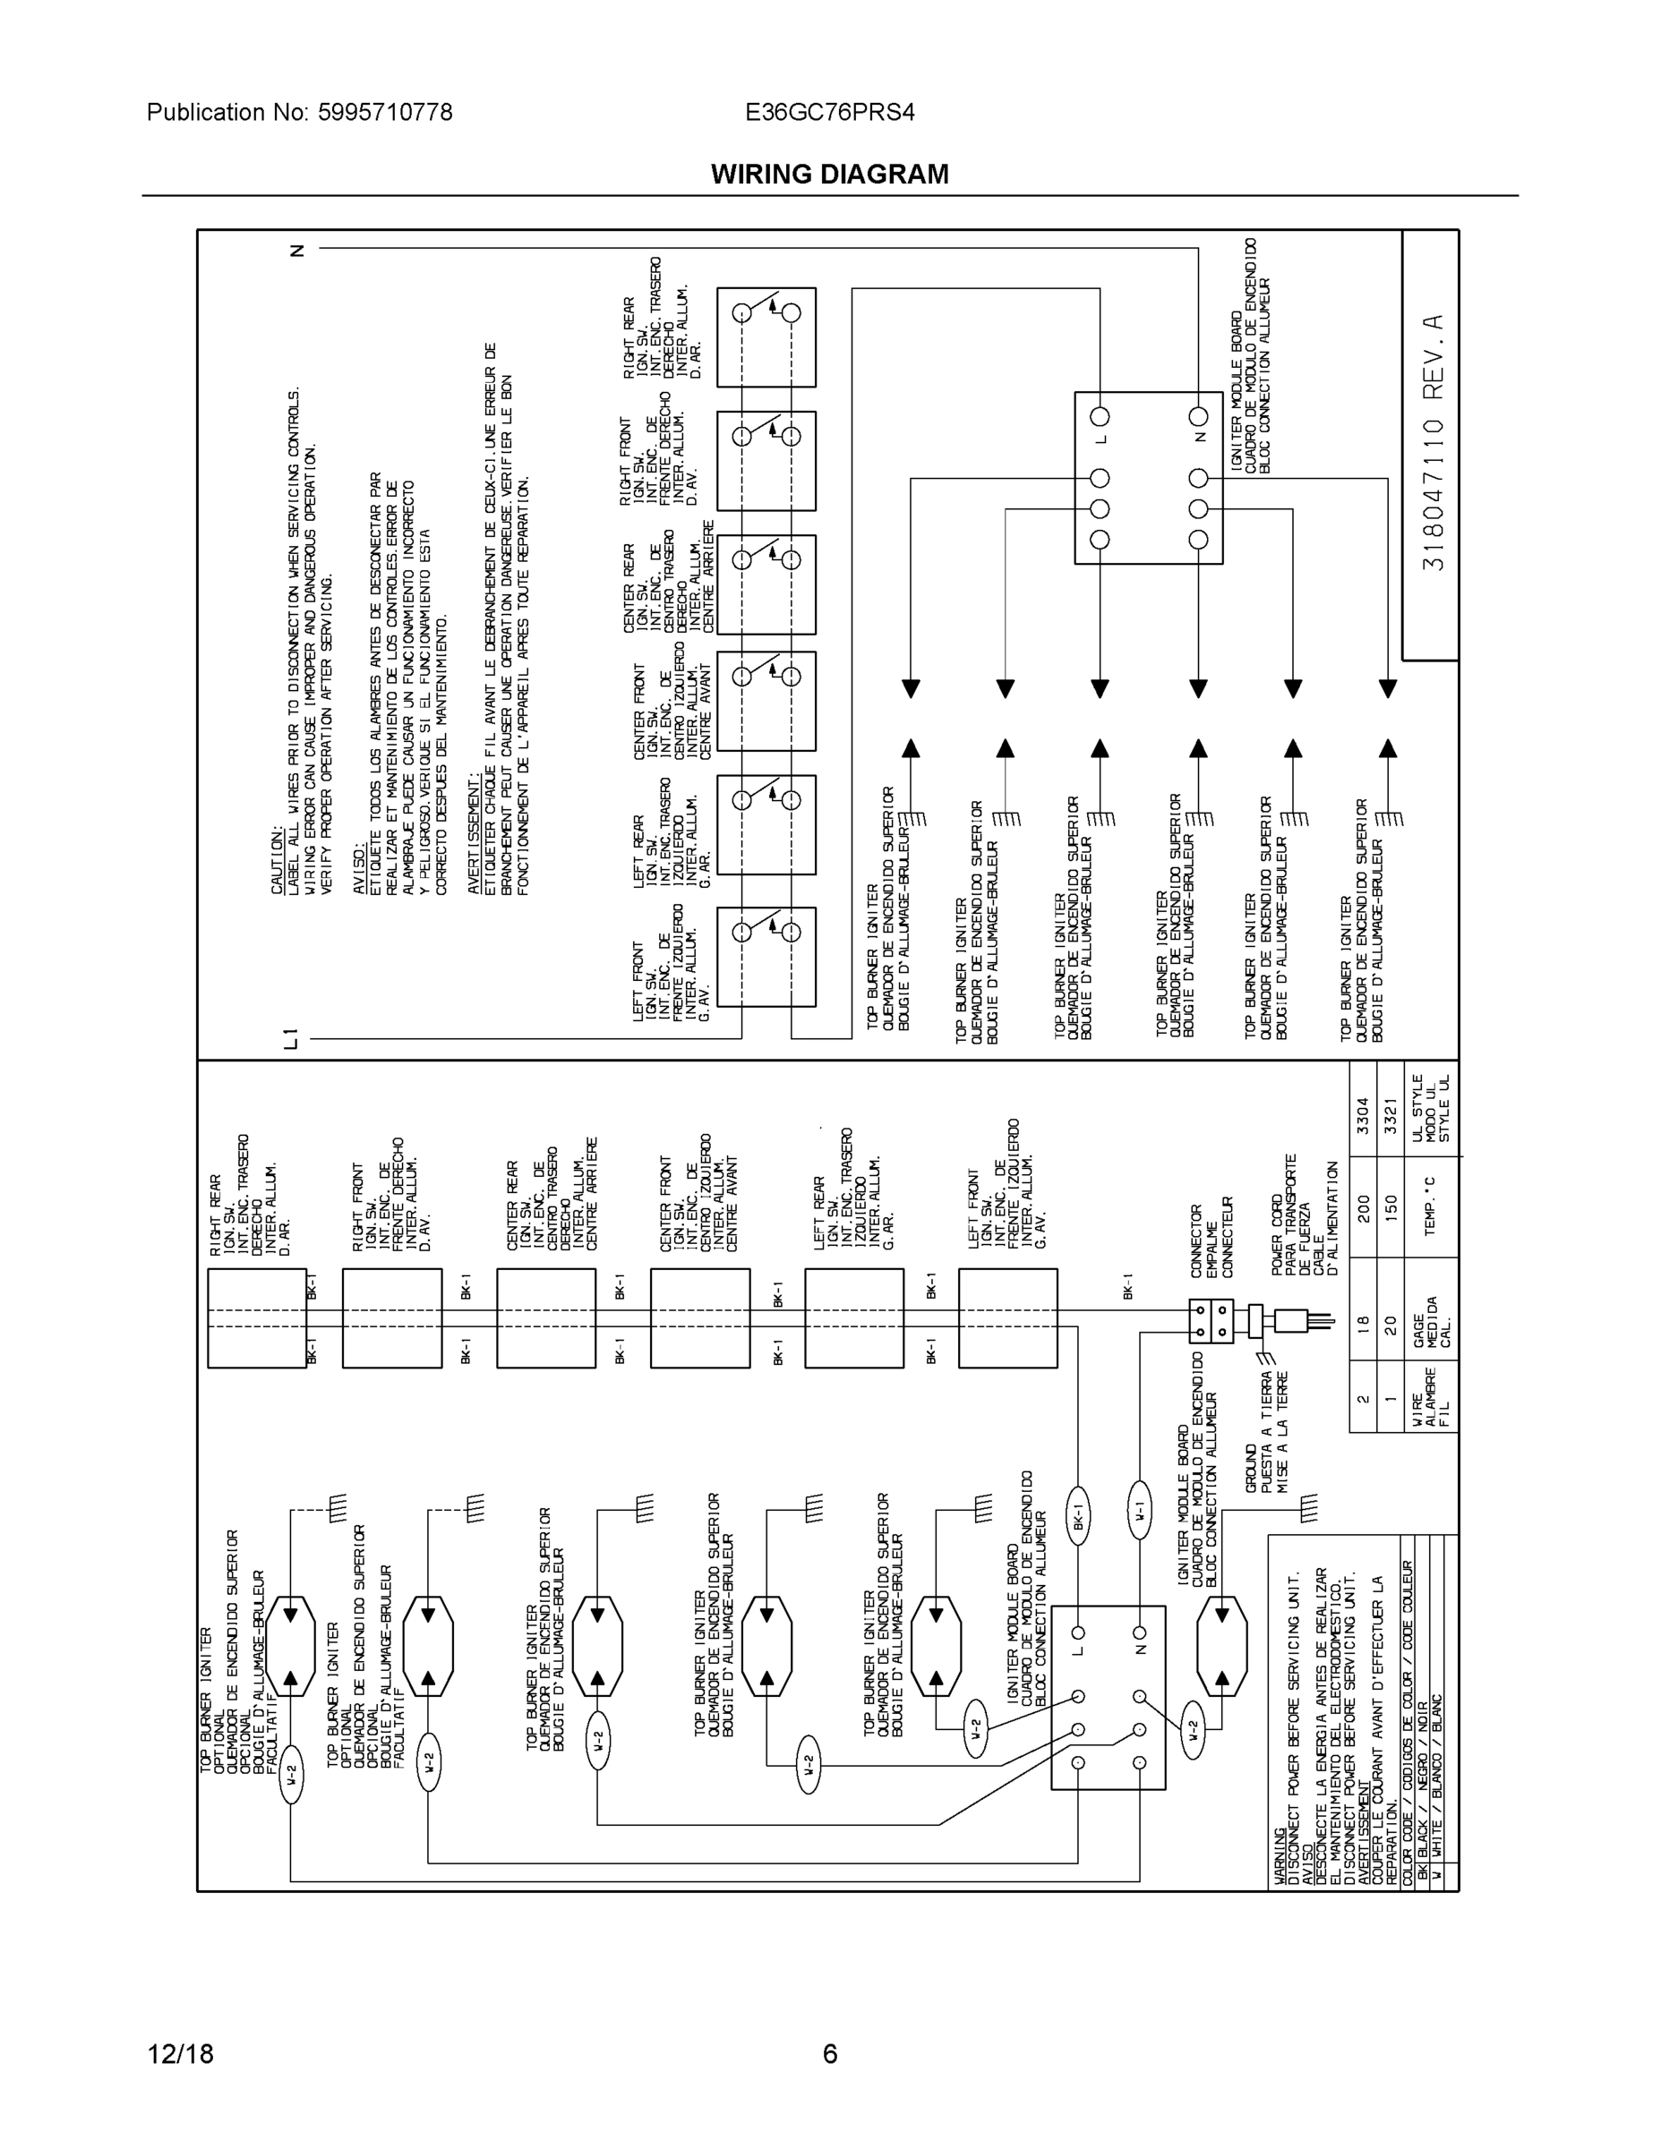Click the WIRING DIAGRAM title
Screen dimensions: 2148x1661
829,175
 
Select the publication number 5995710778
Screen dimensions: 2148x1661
385,112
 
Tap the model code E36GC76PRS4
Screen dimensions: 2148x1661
829,112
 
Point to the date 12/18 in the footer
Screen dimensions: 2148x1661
180,2054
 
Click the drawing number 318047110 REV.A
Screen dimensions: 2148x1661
1433,443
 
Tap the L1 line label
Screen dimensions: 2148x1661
290,1037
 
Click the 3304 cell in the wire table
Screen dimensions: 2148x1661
1363,1115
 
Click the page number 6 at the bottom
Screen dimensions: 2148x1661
829,2054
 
